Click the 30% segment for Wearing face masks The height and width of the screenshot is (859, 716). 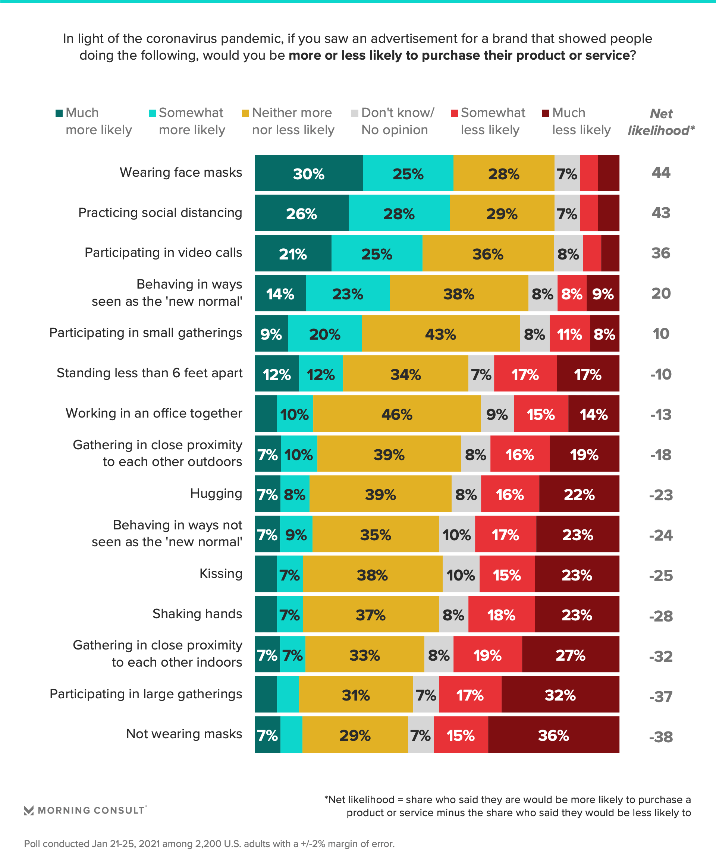point(309,173)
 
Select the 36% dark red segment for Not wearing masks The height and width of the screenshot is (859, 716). point(553,735)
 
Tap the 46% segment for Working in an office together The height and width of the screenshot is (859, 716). point(396,414)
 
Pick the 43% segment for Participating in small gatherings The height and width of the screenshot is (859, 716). point(440,334)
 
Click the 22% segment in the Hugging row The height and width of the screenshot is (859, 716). point(579,494)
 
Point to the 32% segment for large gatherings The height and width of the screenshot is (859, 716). point(560,695)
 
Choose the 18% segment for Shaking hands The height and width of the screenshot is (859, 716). point(501,614)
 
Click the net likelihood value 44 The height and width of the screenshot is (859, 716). point(661,173)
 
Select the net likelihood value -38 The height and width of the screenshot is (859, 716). point(661,737)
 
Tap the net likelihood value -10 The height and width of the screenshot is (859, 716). point(661,374)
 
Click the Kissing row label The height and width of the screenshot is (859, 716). point(220,573)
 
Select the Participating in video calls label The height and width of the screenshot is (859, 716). point(163,252)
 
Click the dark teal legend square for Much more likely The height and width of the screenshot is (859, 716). point(59,113)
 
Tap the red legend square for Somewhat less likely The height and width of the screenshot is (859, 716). point(454,113)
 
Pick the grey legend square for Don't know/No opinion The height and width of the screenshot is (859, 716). point(355,113)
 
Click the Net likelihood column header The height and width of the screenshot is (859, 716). point(661,122)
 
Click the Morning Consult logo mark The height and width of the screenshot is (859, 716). point(29,810)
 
